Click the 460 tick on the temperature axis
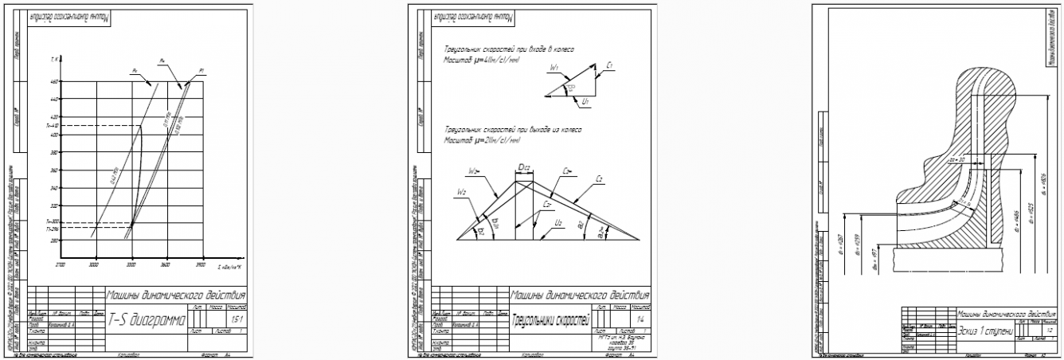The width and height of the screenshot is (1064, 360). [53, 81]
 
